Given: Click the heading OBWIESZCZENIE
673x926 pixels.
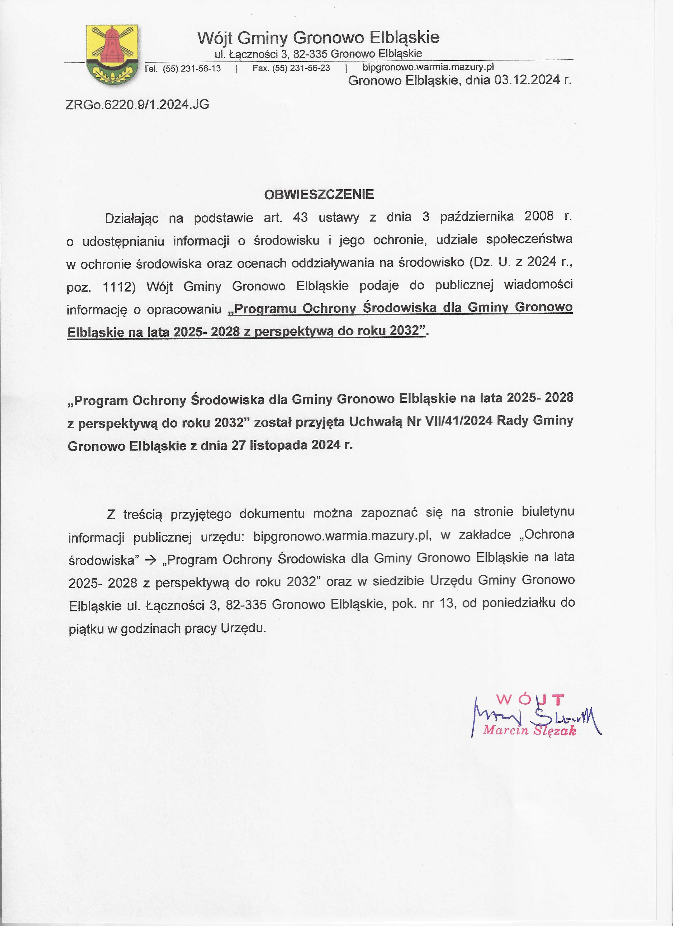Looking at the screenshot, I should [319, 194].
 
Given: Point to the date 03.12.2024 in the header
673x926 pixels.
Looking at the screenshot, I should [527, 80].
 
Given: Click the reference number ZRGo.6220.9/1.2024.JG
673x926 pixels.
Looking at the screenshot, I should [137, 105].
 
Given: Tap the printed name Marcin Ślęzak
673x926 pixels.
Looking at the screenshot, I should [529, 730].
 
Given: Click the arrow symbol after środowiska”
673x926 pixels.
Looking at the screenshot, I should [151, 560].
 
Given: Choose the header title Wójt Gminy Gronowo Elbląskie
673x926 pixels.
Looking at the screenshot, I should [318, 37].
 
